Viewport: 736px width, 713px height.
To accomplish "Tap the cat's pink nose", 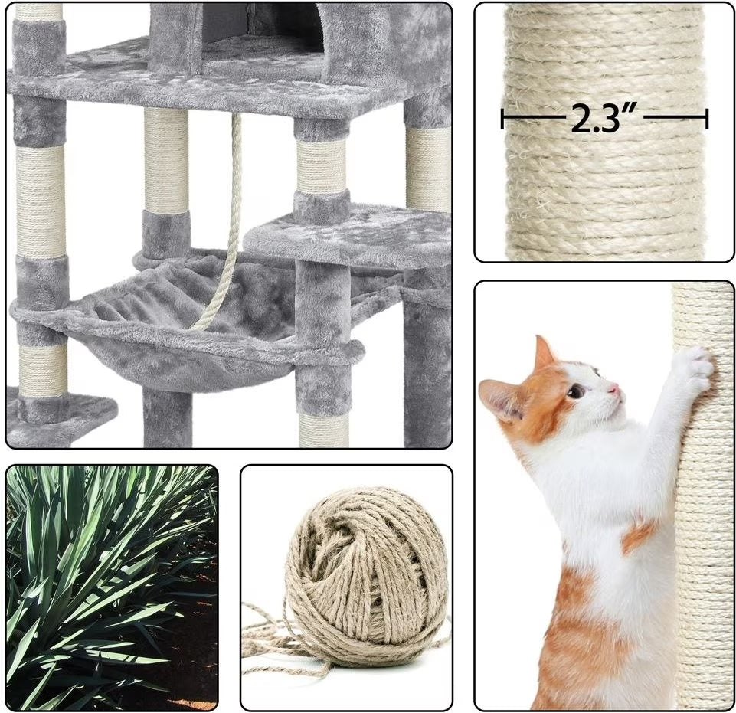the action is [613, 389].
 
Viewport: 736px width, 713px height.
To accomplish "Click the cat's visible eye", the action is [575, 391].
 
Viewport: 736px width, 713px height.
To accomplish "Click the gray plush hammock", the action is [188, 324].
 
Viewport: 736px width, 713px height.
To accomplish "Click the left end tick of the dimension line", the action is [502, 119].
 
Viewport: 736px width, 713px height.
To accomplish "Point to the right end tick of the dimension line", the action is [706, 119].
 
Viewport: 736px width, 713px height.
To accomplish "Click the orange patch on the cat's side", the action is [640, 535].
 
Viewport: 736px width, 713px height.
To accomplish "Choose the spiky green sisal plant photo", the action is [112, 587].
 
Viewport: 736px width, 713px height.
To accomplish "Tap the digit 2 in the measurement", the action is [581, 119].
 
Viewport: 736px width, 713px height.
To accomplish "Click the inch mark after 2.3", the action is [631, 111].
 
